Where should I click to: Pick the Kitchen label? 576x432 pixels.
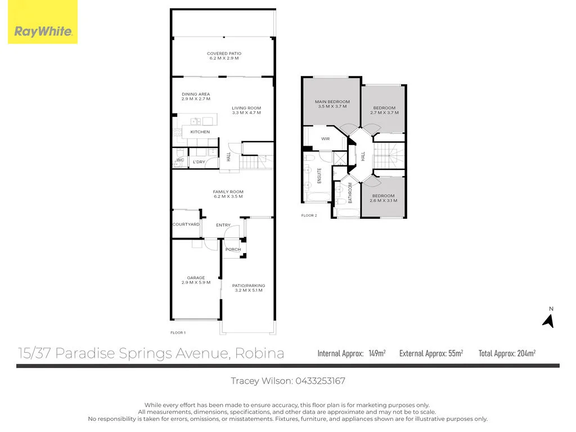point(200,132)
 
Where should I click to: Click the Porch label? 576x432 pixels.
point(233,249)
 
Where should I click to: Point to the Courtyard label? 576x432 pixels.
point(186,224)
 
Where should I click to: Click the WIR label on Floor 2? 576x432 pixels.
point(325,138)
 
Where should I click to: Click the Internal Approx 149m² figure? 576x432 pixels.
point(377,353)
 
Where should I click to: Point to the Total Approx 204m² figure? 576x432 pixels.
point(526,353)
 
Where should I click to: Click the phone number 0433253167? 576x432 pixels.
point(320,381)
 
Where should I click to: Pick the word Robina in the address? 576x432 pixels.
point(260,353)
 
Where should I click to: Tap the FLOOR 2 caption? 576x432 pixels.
point(309,215)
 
